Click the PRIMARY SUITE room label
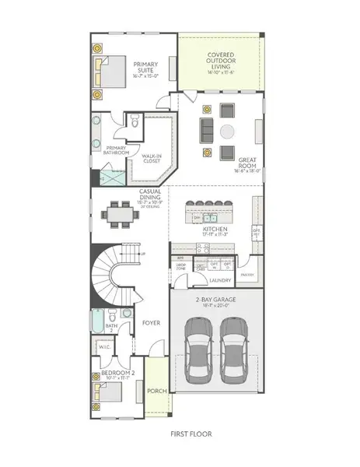(145, 68)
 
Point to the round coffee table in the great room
(227, 130)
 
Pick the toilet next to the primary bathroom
(134, 121)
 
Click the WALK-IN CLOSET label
(152, 158)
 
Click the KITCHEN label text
(215, 230)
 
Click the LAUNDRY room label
(221, 281)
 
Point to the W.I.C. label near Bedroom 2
(100, 347)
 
